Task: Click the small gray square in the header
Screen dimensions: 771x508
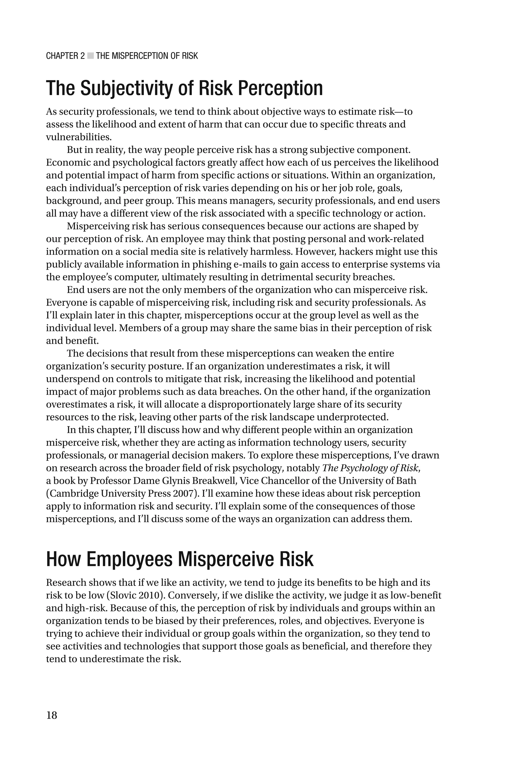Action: tap(90, 56)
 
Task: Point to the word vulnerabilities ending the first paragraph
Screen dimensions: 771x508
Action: tap(78, 137)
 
